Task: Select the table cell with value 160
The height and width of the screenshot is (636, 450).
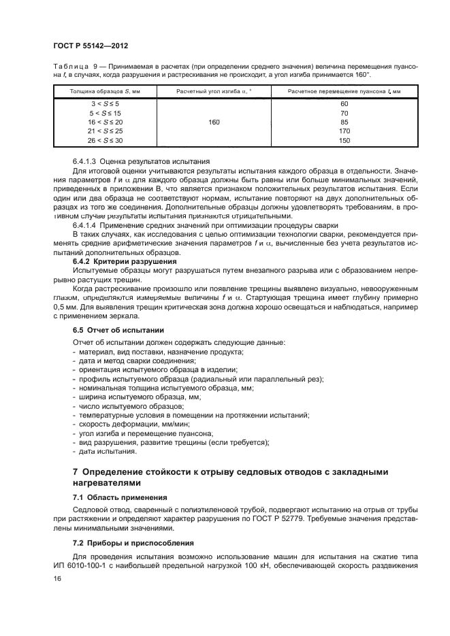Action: pyautogui.click(x=214, y=122)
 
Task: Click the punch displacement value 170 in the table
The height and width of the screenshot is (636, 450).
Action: pyautogui.click(x=343, y=131)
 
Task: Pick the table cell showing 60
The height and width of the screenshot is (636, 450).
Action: pyautogui.click(x=343, y=104)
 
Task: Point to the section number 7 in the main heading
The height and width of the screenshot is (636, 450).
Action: pyautogui.click(x=76, y=471)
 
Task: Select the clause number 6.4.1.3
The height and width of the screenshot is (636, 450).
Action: pyautogui.click(x=85, y=161)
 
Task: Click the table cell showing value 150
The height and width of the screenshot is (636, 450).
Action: pyautogui.click(x=343, y=140)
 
